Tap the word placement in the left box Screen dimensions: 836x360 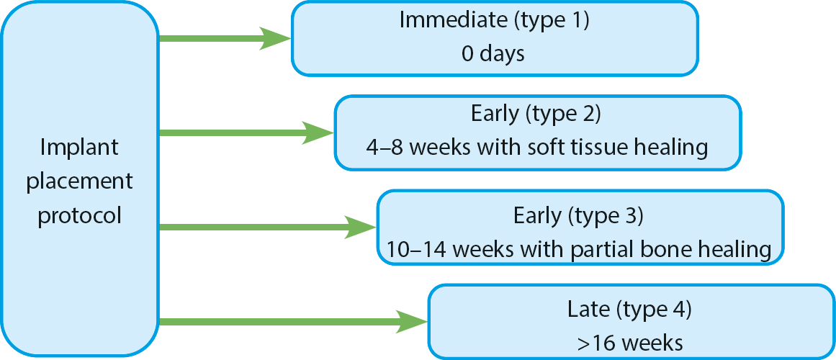(x=80, y=182)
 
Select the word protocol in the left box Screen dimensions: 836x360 (x=80, y=216)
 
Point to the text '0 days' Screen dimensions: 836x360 (x=493, y=55)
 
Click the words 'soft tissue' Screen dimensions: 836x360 (x=576, y=148)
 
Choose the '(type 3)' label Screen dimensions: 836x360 (x=606, y=215)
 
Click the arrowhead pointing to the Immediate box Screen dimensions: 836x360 (x=275, y=38)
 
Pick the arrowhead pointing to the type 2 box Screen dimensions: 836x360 (x=318, y=132)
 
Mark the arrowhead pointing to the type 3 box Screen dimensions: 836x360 (x=361, y=227)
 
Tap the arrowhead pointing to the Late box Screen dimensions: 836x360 (x=412, y=322)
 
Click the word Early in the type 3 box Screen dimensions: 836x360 (x=537, y=216)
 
